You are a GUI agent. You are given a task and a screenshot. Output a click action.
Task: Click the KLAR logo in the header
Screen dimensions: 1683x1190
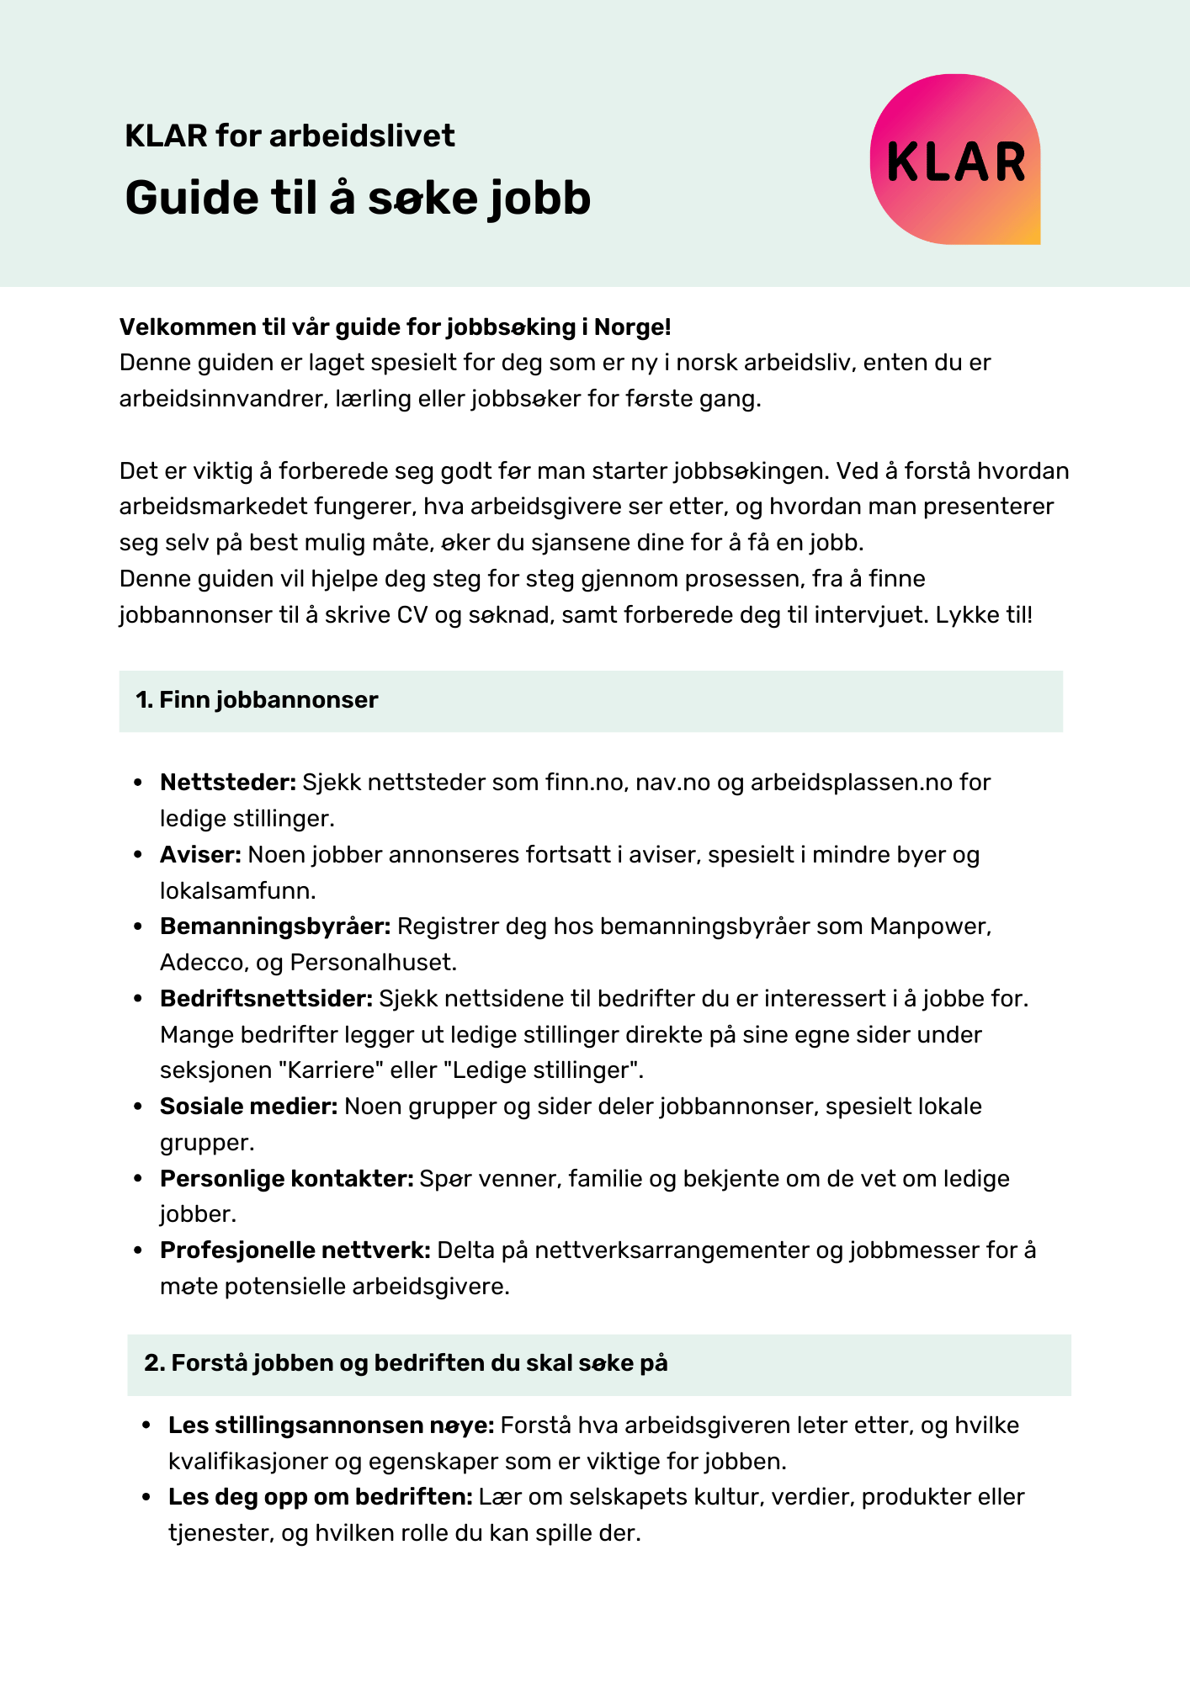coord(955,160)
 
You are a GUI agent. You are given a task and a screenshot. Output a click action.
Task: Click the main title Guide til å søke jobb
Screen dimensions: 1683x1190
coord(358,199)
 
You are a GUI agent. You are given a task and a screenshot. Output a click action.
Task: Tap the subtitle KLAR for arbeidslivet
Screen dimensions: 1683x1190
coord(290,135)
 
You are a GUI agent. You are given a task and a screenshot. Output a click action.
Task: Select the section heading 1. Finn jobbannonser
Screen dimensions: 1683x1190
coord(257,700)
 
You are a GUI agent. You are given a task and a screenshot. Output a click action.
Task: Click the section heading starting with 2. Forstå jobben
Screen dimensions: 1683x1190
coord(406,1363)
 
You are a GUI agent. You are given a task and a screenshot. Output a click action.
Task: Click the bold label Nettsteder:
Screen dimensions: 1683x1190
coord(228,783)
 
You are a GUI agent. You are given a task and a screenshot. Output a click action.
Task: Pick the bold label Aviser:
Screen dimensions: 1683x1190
coord(200,855)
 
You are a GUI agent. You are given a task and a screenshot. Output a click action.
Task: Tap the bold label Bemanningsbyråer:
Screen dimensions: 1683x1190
coord(275,926)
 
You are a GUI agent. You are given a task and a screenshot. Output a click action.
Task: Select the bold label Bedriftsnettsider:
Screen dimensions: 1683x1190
coord(266,999)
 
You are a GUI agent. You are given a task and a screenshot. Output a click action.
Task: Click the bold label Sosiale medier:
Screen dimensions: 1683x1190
coord(248,1107)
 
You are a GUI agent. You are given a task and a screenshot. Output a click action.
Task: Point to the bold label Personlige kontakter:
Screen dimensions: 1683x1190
coord(286,1179)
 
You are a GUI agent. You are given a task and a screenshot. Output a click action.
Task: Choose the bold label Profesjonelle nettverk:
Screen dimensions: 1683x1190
coord(295,1250)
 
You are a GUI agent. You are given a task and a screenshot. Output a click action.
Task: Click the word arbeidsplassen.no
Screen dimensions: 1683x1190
coord(850,783)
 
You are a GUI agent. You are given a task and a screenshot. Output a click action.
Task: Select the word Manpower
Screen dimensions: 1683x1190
coord(929,926)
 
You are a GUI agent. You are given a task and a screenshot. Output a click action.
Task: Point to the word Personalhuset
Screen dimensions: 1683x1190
coord(371,962)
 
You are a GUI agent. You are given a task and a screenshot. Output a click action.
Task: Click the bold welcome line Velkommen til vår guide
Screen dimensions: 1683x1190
coord(395,327)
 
